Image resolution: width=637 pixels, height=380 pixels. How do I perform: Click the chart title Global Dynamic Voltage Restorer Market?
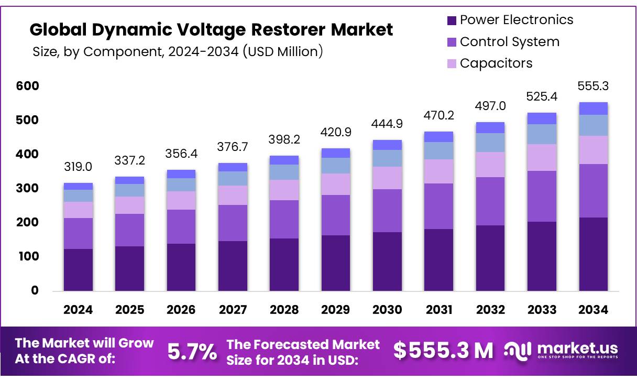[x=211, y=30]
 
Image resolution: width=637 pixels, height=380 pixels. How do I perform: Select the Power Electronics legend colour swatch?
[x=451, y=20]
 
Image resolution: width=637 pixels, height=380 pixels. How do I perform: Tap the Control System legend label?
[x=509, y=42]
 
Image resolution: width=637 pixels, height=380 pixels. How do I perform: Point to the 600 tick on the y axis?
[x=28, y=86]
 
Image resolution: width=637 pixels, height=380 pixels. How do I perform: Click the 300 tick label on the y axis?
[x=28, y=188]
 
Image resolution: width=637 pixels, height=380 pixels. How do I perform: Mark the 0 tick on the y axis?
[x=35, y=290]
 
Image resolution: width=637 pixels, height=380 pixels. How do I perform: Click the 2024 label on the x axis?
[x=78, y=310]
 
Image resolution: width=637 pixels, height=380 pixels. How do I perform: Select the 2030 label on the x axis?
[x=387, y=310]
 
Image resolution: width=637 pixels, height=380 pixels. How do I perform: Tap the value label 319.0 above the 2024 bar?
[x=78, y=167]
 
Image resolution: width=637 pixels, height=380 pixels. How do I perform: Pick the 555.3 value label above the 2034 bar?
[x=593, y=86]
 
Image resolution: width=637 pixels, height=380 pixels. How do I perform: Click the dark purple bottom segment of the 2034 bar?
[x=593, y=254]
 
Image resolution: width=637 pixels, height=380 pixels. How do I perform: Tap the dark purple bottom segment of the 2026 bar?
[x=181, y=267]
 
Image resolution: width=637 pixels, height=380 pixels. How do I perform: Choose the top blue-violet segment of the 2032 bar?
[x=490, y=128]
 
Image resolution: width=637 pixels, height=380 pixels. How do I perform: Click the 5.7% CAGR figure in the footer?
[x=192, y=352]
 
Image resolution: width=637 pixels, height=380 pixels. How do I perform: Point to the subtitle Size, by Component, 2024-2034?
[x=177, y=52]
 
